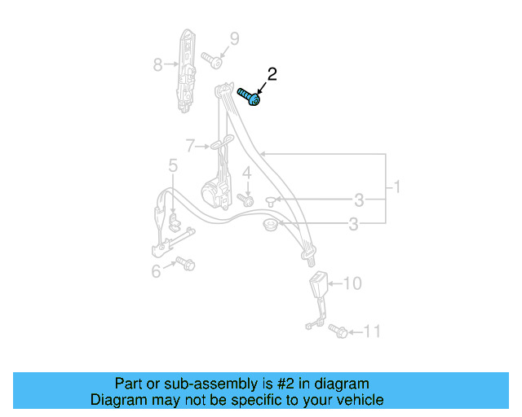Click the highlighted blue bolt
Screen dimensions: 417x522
[x=249, y=97]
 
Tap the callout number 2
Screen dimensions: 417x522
[x=272, y=74]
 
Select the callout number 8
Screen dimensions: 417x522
[x=157, y=63]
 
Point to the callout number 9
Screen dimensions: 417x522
[x=234, y=38]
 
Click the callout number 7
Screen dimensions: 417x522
[x=190, y=147]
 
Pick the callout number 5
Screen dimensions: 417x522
[x=173, y=166]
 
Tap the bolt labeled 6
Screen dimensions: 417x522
[x=186, y=264]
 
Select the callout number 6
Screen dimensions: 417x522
[x=156, y=271]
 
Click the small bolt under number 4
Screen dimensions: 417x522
[x=244, y=198]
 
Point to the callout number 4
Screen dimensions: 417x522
[x=246, y=173]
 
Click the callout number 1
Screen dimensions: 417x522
[x=396, y=187]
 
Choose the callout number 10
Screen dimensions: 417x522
[x=352, y=283]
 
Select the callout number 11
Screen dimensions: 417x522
[x=372, y=331]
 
